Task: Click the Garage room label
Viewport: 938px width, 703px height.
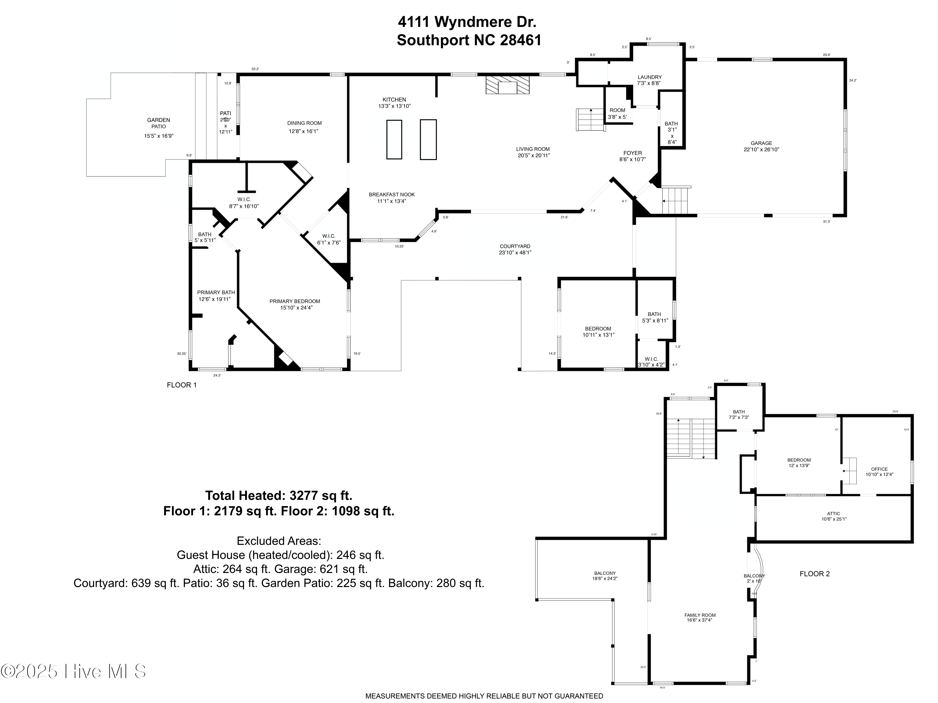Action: pos(761,143)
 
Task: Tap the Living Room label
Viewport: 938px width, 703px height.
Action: pos(533,149)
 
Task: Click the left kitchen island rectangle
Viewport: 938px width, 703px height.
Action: pos(394,139)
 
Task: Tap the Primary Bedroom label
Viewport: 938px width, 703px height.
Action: pos(295,301)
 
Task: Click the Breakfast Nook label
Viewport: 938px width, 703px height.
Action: pos(391,195)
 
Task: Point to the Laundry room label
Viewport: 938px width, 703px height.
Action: pos(649,77)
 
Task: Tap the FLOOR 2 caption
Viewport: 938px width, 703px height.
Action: pos(814,574)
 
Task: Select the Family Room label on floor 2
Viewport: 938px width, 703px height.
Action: pos(700,615)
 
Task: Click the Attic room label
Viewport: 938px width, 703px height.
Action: pos(833,514)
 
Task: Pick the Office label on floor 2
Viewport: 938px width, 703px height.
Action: pos(879,469)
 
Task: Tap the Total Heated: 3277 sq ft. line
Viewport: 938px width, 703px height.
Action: pos(279,495)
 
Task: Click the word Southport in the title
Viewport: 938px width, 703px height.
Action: pos(433,40)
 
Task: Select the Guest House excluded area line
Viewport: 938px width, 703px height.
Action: pos(280,555)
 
